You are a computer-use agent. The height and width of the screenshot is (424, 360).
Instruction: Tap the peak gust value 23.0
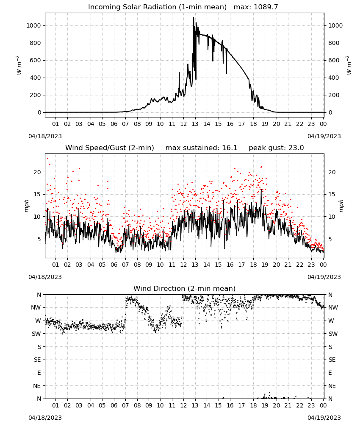pyautogui.click(x=296, y=148)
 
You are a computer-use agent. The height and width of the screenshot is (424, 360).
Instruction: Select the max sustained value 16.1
pyautogui.click(x=230, y=148)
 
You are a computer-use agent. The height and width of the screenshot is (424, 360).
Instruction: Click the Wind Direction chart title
pyautogui.click(x=185, y=288)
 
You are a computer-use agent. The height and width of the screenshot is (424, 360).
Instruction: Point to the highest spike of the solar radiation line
pyautogui.click(x=194, y=18)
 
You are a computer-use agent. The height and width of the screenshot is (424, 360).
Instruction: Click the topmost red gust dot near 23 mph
pyautogui.click(x=48, y=159)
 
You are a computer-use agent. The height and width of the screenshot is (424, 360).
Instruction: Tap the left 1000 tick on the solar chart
pyautogui.click(x=33, y=26)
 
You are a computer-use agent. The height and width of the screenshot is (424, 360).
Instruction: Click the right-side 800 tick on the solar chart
pyautogui.click(x=334, y=43)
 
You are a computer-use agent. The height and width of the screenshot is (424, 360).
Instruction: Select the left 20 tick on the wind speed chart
pyautogui.click(x=37, y=172)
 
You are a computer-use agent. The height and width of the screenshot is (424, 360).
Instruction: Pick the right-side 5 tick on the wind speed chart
pyautogui.click(x=330, y=239)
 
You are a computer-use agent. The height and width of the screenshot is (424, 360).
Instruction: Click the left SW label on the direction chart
pyautogui.click(x=36, y=334)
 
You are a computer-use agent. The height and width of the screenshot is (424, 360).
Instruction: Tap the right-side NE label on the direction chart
pyautogui.click(x=332, y=386)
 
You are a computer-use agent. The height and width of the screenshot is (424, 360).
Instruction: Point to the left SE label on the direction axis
pyautogui.click(x=37, y=360)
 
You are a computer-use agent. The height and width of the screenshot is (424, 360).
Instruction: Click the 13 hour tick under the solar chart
pyautogui.click(x=195, y=124)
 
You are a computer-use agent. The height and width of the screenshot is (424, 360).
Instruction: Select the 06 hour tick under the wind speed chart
pyautogui.click(x=114, y=265)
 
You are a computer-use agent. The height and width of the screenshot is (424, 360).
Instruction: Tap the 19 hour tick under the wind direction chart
pyautogui.click(x=265, y=405)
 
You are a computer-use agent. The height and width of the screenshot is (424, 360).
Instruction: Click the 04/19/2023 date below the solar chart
pyautogui.click(x=324, y=136)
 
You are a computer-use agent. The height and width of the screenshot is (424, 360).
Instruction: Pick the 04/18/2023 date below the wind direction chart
pyautogui.click(x=45, y=418)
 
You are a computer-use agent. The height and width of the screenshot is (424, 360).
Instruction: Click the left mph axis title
pyautogui.click(x=26, y=206)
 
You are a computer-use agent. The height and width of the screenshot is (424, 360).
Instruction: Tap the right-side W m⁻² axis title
pyautogui.click(x=349, y=65)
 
